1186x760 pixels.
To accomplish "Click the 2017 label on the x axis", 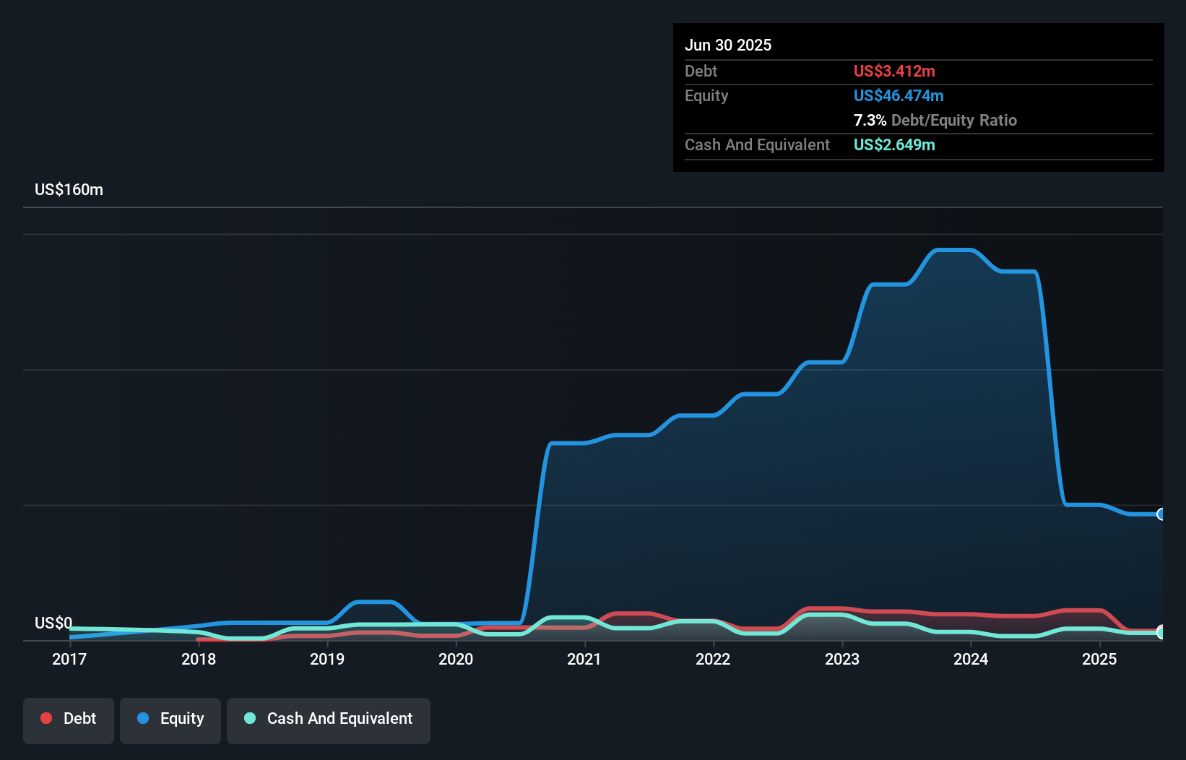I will point(69,659).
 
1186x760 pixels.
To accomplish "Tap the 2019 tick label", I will point(327,659).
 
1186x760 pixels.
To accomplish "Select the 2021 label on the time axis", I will point(584,659).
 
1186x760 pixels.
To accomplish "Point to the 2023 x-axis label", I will point(842,659).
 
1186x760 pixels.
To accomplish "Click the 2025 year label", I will point(1099,659).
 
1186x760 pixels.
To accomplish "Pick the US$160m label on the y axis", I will point(69,190).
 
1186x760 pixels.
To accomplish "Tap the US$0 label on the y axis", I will point(53,623).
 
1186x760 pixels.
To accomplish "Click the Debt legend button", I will point(69,719).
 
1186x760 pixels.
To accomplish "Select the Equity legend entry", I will point(170,719).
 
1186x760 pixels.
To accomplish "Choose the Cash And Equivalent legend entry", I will point(329,719).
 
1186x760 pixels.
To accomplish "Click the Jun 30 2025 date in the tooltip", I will point(728,46).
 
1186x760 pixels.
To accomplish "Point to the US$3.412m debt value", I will point(894,72).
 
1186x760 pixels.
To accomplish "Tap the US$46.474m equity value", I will point(899,96).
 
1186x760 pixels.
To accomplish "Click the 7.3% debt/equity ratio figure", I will point(870,121).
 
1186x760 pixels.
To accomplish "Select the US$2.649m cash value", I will point(894,145).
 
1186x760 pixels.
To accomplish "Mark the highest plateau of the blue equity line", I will point(954,251).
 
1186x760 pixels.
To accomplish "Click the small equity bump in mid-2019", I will point(373,602).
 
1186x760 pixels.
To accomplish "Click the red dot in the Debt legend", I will point(46,718).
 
